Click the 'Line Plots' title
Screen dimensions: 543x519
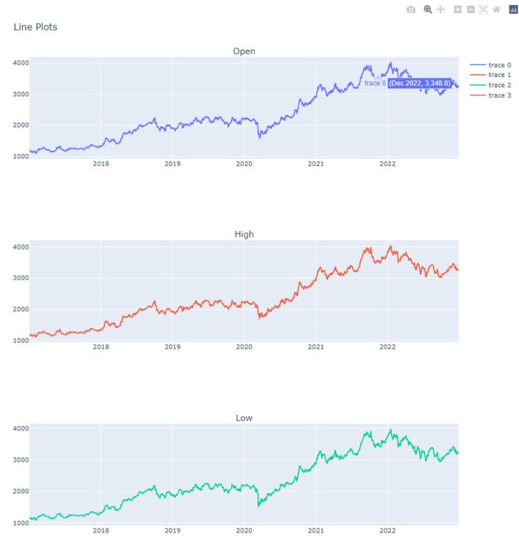[36, 27]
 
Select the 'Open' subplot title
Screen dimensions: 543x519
[243, 51]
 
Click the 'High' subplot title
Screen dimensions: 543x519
[243, 234]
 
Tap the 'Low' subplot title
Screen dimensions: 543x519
[243, 418]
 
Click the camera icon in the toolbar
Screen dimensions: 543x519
[411, 9]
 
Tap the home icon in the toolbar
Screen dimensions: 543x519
[496, 9]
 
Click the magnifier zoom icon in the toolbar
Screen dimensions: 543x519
[428, 9]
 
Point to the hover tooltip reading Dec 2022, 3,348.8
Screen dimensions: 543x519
[419, 83]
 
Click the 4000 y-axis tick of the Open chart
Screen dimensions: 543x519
[20, 63]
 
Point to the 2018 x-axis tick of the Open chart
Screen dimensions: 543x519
[101, 164]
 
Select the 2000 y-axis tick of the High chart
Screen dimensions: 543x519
[20, 309]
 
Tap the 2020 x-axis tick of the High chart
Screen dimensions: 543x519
[244, 347]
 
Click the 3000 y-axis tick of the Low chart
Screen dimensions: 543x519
[20, 460]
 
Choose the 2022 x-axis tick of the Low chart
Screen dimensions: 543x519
[387, 530]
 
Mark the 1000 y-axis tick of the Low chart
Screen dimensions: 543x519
[20, 522]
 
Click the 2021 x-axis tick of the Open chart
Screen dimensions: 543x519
[315, 164]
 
